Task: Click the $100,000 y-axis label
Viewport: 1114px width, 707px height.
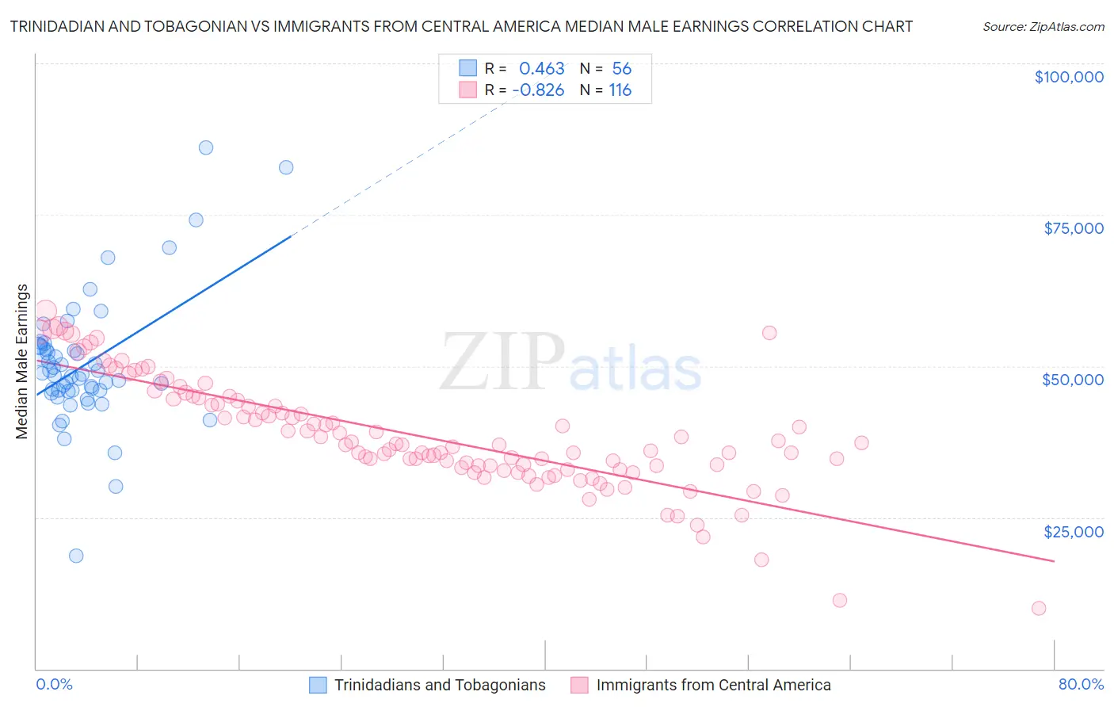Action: point(1069,77)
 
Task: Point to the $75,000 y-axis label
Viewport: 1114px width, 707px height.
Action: point(1074,228)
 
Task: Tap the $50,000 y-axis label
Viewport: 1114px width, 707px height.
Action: point(1073,380)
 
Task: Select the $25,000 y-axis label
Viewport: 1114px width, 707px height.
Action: point(1074,531)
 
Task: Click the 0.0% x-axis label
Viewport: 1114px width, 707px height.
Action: point(54,684)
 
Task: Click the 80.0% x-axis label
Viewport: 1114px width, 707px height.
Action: point(1081,684)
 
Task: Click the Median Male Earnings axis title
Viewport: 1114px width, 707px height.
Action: point(22,361)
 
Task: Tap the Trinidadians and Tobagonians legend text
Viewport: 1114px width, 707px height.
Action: point(440,685)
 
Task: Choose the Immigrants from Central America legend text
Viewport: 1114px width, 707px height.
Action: point(713,685)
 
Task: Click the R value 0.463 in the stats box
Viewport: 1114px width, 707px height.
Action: point(542,69)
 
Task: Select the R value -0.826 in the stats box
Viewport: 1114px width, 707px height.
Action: point(539,90)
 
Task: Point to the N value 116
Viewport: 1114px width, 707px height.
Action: point(620,90)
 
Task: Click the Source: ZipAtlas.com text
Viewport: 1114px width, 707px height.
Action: point(1043,27)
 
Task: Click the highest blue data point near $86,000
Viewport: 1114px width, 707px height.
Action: point(206,147)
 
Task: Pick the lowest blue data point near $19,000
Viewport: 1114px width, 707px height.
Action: point(76,556)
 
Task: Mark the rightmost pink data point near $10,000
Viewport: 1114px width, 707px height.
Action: point(1039,608)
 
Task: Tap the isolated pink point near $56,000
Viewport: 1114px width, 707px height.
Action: point(769,333)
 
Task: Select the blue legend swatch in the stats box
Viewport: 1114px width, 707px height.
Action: point(468,68)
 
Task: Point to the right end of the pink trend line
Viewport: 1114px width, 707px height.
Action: point(1054,561)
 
